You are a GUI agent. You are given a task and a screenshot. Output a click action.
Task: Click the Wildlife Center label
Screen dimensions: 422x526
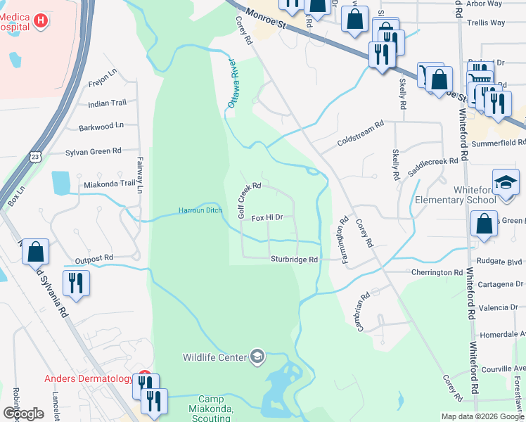click(x=214, y=357)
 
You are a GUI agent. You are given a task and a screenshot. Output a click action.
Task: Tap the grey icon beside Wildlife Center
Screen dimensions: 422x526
click(x=257, y=357)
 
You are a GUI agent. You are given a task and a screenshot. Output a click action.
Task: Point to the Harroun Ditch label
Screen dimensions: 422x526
click(x=200, y=210)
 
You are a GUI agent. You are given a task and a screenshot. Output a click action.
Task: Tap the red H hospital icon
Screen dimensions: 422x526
click(x=41, y=21)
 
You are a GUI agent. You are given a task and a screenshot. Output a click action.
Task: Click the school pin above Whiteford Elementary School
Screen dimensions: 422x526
click(x=506, y=182)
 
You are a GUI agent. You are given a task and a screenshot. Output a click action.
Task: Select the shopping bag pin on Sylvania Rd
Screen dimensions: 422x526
click(x=35, y=250)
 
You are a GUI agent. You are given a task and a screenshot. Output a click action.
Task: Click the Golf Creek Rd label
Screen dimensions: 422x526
click(x=249, y=200)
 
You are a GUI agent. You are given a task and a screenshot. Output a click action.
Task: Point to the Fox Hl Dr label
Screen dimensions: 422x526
click(x=267, y=217)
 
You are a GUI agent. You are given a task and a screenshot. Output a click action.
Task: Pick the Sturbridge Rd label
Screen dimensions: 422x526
click(x=295, y=260)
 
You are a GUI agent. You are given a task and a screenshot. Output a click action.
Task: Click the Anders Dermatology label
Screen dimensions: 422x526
click(x=89, y=378)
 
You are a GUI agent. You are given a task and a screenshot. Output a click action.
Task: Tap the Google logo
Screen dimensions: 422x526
click(x=23, y=413)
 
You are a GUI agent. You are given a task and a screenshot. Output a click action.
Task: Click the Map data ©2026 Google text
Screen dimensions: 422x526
click(x=482, y=416)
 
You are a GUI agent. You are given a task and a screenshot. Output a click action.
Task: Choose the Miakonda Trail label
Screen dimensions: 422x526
click(x=108, y=184)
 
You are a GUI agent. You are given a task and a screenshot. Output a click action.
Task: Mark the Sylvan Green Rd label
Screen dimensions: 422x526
click(x=93, y=151)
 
